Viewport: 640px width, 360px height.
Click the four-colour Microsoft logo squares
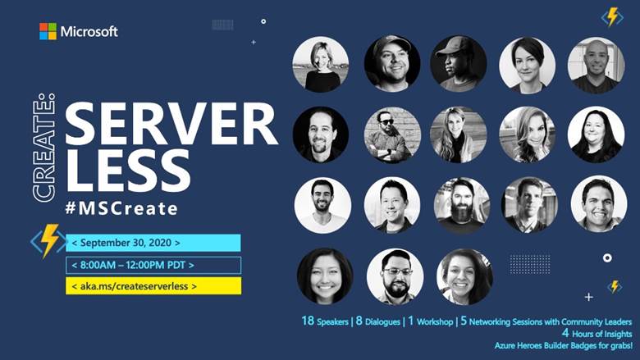(48, 31)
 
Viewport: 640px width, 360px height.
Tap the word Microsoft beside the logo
(89, 31)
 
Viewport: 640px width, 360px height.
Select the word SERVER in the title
(171, 124)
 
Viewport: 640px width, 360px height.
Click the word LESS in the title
(128, 171)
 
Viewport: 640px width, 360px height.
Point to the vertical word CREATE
(43, 147)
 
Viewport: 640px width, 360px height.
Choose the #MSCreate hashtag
(121, 208)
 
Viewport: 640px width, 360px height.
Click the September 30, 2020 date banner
(153, 243)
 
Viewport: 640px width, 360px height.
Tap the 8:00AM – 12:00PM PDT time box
(153, 265)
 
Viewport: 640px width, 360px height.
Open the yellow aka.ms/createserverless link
(153, 286)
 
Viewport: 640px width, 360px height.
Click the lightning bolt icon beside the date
(49, 241)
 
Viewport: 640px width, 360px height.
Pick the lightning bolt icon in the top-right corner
(612, 17)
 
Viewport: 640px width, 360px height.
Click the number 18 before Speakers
(308, 321)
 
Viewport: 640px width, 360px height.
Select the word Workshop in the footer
(435, 322)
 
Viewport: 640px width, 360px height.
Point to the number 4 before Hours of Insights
(565, 333)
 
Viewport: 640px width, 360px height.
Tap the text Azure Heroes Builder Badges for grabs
(563, 346)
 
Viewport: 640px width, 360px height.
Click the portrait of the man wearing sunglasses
(392, 134)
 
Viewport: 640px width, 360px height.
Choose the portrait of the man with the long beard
(462, 206)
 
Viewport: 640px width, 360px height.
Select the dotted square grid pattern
(530, 264)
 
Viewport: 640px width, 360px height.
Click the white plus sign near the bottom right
(588, 297)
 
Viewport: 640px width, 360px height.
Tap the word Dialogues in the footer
(382, 322)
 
